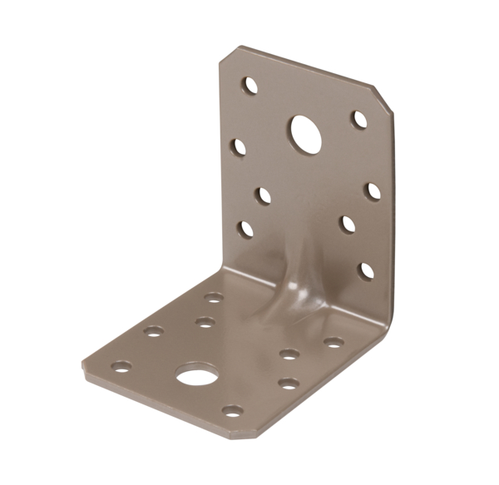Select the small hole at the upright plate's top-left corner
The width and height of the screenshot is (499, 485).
point(249,86)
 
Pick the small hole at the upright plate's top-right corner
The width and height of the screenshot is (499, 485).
point(359,120)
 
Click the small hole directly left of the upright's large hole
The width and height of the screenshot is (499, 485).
point(240,147)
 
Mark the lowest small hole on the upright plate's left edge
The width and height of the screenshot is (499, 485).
point(246,228)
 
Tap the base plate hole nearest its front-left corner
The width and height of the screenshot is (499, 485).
point(122,365)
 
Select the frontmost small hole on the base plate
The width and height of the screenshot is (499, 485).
point(234,410)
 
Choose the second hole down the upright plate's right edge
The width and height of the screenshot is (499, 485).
point(373,191)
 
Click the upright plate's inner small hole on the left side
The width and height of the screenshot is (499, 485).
point(263,195)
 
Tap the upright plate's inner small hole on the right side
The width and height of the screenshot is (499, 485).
point(347,224)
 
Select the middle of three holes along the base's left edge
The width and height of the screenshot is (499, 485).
point(153,331)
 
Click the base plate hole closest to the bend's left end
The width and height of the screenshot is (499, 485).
point(214,297)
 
